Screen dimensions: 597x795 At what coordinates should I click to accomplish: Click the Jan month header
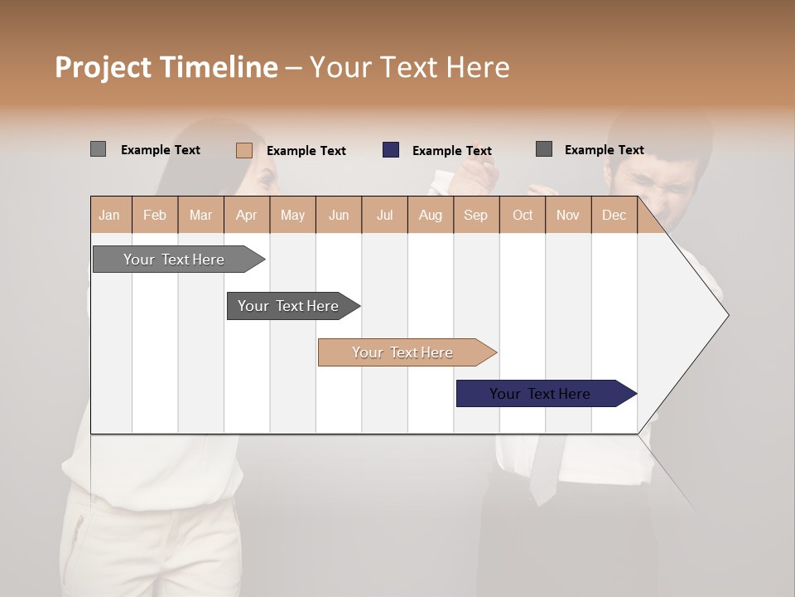click(110, 215)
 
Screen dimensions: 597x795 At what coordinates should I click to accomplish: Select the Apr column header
click(247, 215)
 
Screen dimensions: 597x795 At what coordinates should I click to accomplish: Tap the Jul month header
click(384, 215)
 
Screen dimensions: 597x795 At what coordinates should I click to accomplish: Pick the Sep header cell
click(475, 215)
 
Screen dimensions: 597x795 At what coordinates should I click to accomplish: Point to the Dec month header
click(614, 215)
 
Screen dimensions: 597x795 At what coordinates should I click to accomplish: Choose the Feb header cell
click(155, 215)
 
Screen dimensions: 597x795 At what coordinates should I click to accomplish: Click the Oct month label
click(523, 215)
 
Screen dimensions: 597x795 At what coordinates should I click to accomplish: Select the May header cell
click(292, 215)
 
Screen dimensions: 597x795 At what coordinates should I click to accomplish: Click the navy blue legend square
click(391, 150)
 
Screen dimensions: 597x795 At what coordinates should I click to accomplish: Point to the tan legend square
click(244, 150)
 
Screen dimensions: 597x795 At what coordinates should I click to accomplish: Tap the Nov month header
click(568, 215)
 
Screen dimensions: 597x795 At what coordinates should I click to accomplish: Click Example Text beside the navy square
click(452, 151)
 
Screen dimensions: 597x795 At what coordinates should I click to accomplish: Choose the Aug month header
click(431, 215)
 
